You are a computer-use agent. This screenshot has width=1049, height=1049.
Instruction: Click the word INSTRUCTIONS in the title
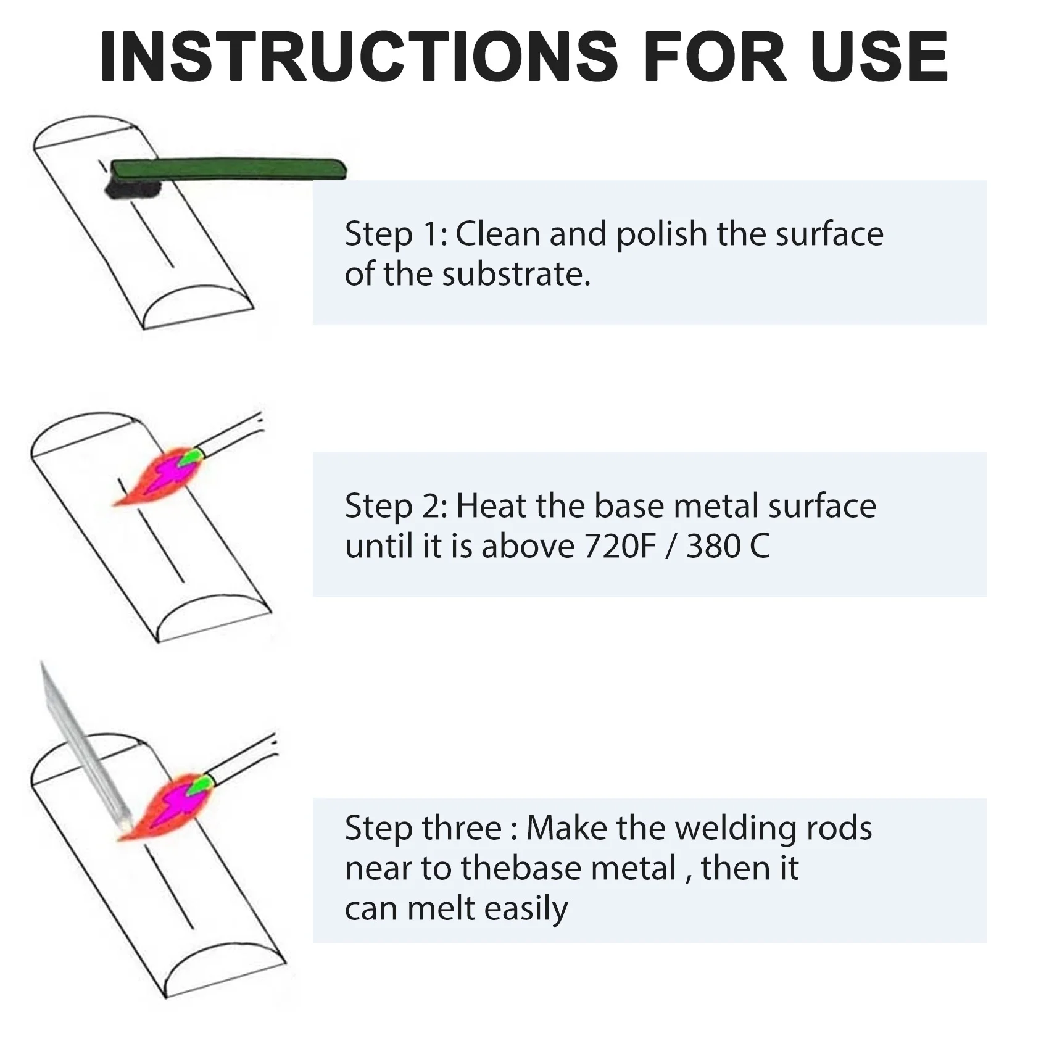(x=359, y=56)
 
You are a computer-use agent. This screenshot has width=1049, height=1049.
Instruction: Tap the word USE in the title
(x=879, y=56)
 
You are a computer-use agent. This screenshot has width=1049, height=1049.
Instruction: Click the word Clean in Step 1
(x=498, y=234)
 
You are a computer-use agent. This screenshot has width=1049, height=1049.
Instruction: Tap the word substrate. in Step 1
(x=516, y=274)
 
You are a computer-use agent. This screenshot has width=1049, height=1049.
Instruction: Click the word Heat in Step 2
(x=492, y=505)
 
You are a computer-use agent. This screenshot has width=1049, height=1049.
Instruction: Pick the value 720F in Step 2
(x=620, y=546)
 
